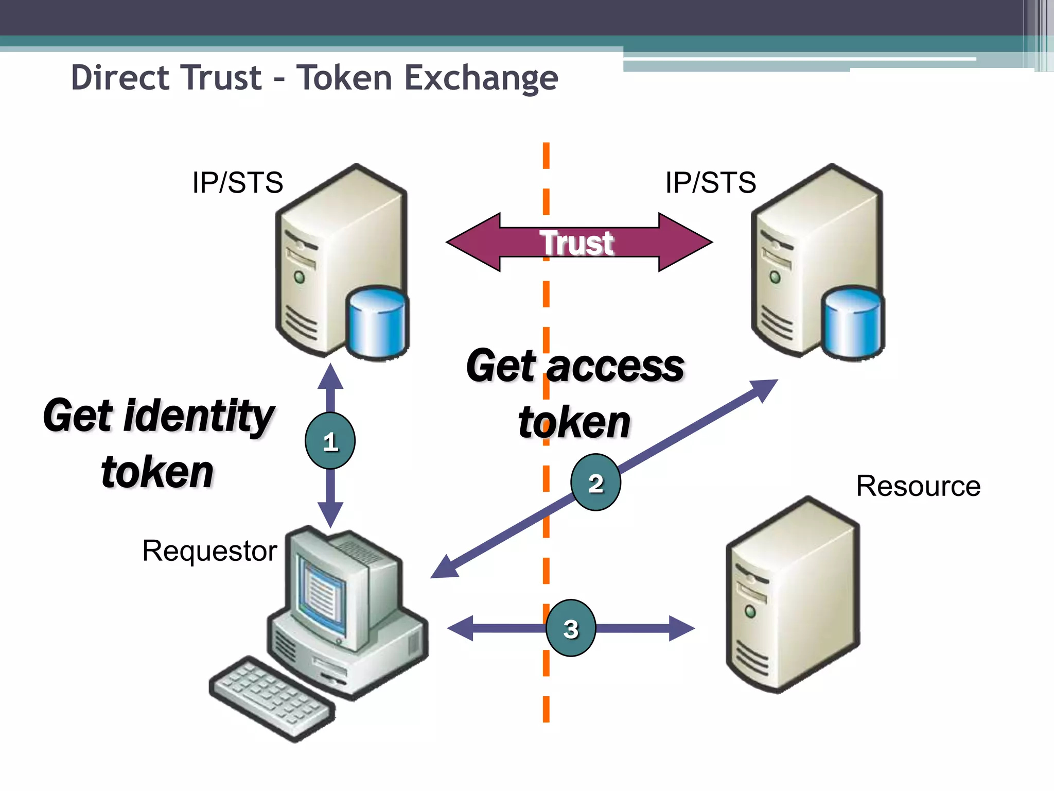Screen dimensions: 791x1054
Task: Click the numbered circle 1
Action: tap(330, 441)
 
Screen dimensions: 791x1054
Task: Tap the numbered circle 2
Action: tap(595, 483)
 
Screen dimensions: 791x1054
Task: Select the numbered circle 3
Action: tap(571, 628)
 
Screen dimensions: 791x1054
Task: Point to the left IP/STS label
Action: tap(237, 182)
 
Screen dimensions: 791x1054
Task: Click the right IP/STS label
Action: tap(710, 182)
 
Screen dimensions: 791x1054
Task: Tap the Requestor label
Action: tap(209, 551)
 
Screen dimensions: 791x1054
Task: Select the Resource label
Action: tap(918, 486)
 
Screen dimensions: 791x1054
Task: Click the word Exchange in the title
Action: tap(481, 78)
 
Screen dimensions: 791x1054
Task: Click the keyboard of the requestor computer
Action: tap(271, 698)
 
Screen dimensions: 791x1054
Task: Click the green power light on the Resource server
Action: tap(750, 611)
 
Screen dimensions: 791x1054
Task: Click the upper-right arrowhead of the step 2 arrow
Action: tap(766, 389)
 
